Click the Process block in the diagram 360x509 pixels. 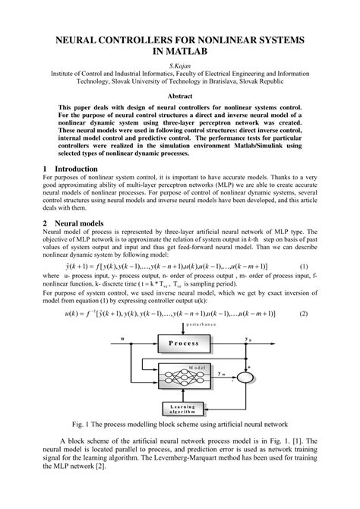(183, 343)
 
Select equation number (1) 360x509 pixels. (304, 266)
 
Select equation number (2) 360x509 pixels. (304, 313)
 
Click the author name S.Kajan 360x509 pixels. (180, 66)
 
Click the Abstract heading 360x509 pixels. (180, 96)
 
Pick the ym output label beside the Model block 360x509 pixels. (222, 373)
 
